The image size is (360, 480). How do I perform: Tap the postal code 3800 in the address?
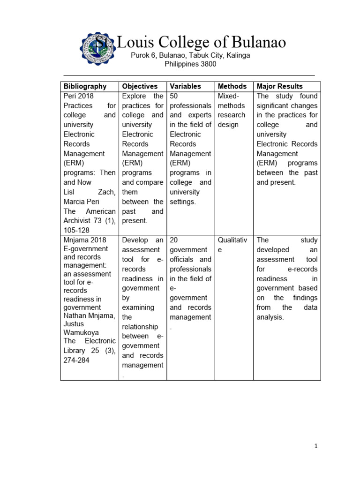tap(208, 64)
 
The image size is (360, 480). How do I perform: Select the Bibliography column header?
tap(85, 86)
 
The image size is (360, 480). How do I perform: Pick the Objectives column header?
tap(140, 86)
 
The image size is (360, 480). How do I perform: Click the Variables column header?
tap(185, 86)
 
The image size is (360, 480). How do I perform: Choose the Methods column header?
tap(232, 86)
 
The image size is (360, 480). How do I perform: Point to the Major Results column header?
tap(279, 86)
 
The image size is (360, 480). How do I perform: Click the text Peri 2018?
tap(79, 96)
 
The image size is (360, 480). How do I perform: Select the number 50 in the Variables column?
tap(174, 96)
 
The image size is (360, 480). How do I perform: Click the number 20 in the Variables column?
tap(174, 240)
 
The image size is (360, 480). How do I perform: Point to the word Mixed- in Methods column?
tap(229, 96)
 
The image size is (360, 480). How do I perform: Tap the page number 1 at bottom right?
tap(316, 446)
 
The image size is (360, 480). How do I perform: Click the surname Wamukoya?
tap(81, 332)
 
